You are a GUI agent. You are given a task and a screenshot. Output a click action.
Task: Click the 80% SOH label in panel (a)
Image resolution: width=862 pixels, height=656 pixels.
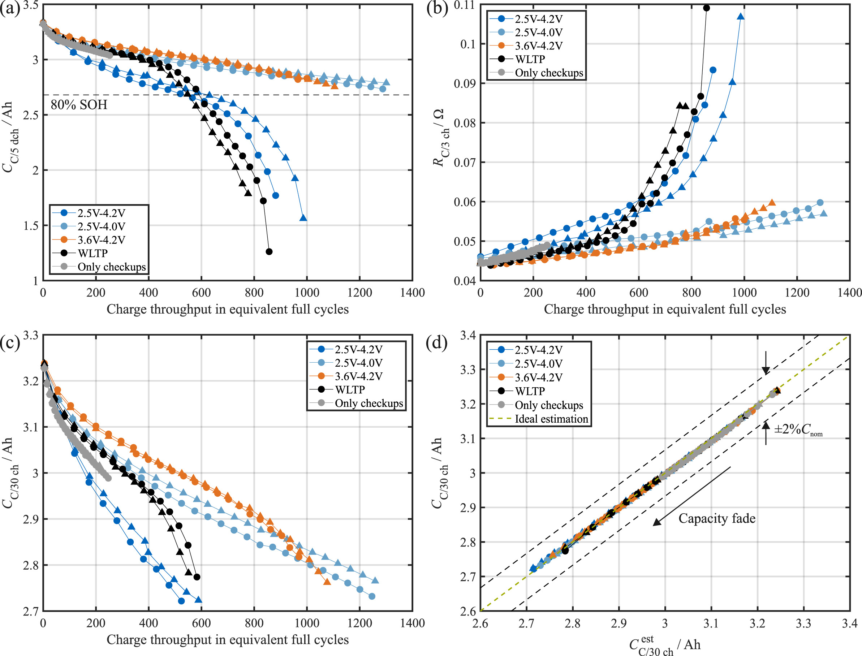click(x=79, y=105)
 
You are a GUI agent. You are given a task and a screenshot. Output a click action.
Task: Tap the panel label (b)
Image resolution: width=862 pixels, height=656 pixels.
click(x=437, y=9)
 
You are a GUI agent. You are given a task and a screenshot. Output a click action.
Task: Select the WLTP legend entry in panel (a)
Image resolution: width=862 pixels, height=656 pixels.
click(x=92, y=254)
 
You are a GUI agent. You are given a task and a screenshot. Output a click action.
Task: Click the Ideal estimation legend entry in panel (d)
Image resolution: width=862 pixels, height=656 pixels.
click(x=551, y=419)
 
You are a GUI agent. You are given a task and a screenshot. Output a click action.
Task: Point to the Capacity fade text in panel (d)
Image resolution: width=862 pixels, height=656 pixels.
click(x=717, y=519)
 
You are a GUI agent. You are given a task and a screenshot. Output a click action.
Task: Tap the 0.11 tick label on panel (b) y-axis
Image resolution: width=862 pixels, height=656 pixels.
click(x=464, y=5)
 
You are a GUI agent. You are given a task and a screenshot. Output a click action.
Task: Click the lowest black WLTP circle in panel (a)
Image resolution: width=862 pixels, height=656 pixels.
click(x=269, y=252)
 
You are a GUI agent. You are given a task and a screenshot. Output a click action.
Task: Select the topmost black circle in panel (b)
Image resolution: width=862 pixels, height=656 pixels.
click(x=706, y=8)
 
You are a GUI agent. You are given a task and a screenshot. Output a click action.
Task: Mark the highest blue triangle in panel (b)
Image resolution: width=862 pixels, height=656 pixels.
click(x=741, y=16)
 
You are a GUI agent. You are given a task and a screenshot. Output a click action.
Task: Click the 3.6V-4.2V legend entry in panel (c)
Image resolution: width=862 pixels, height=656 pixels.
click(x=358, y=376)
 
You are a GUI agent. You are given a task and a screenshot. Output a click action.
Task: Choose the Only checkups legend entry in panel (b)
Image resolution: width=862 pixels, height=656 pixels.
click(x=549, y=73)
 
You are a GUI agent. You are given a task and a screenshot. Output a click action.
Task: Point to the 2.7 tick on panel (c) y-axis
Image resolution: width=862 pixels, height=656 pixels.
click(x=31, y=611)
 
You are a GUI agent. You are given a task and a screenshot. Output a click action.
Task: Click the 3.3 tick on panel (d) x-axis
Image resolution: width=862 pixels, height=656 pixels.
click(x=803, y=623)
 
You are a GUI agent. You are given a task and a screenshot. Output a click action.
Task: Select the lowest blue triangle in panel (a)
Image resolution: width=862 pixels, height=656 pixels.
click(x=303, y=218)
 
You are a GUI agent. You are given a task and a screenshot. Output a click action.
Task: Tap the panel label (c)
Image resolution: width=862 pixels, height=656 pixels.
click(x=10, y=343)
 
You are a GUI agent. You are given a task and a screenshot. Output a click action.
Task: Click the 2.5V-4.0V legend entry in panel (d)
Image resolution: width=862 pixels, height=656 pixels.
click(x=538, y=364)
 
